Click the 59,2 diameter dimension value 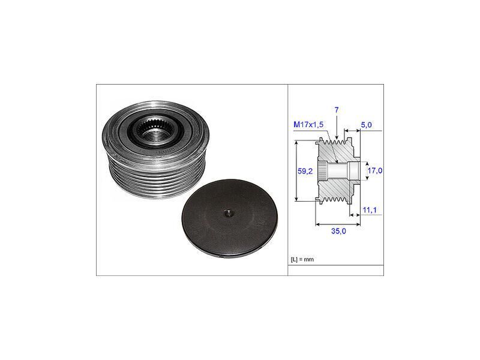pyautogui.click(x=305, y=171)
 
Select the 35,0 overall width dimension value pyautogui.click(x=338, y=231)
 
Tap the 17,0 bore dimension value pyautogui.click(x=374, y=170)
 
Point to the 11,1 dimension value pyautogui.click(x=370, y=210)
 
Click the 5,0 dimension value pyautogui.click(x=366, y=125)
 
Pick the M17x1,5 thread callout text pyautogui.click(x=308, y=124)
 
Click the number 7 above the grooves pyautogui.click(x=337, y=110)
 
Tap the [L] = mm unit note pyautogui.click(x=302, y=260)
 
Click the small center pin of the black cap pyautogui.click(x=228, y=214)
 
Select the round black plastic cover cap pyautogui.click(x=230, y=218)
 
